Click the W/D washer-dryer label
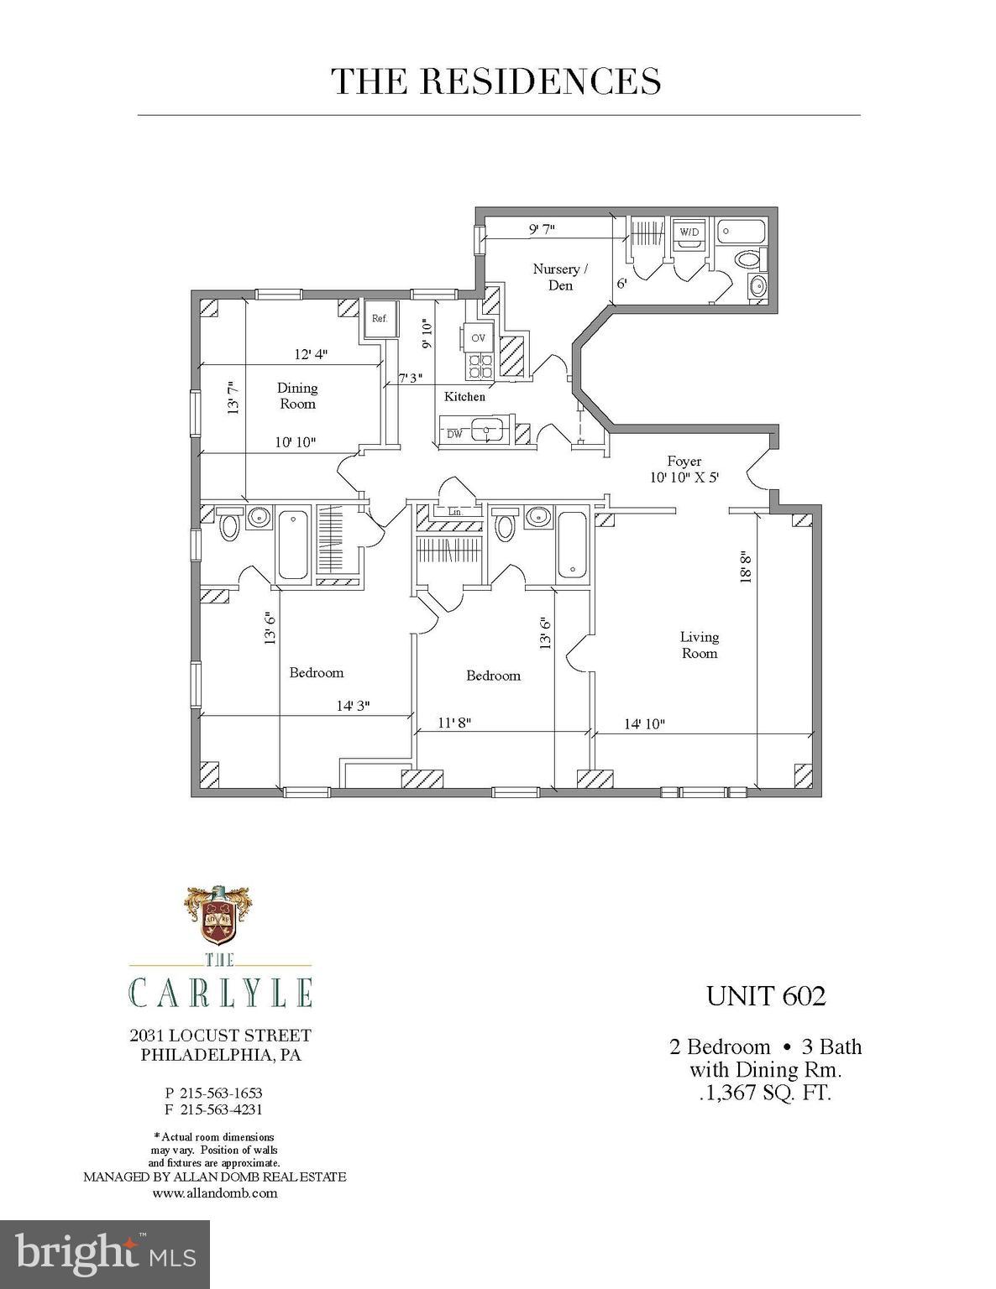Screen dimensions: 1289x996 click(689, 232)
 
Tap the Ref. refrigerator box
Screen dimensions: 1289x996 click(380, 318)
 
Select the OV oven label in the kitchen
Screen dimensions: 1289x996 click(479, 337)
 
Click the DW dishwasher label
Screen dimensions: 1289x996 click(454, 434)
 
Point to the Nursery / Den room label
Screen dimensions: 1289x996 click(556, 277)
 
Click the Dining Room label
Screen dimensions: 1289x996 click(298, 395)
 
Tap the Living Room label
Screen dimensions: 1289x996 click(699, 644)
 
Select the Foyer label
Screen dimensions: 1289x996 click(684, 461)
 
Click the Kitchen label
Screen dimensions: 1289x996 click(464, 396)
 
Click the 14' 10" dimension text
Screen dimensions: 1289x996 click(644, 723)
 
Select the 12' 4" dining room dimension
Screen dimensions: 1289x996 click(310, 354)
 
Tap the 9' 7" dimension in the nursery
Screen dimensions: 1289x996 click(542, 227)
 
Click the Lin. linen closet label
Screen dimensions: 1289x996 click(455, 511)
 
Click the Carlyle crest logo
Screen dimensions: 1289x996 click(217, 916)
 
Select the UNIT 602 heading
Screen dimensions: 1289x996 click(766, 996)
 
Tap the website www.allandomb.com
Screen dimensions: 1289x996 click(215, 1192)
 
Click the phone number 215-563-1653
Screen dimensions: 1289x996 click(221, 1093)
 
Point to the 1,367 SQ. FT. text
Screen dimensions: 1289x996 click(766, 1093)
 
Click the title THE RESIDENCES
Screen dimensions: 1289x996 click(497, 81)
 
